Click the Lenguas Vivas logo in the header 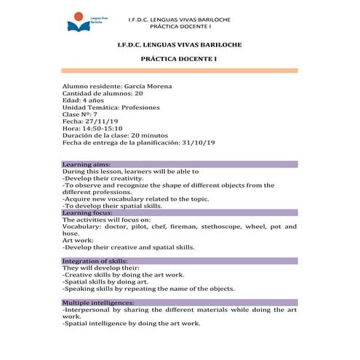tap(82, 23)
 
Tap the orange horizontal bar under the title tap(179, 71)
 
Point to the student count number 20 tap(139, 94)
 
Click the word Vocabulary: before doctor tap(84, 228)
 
